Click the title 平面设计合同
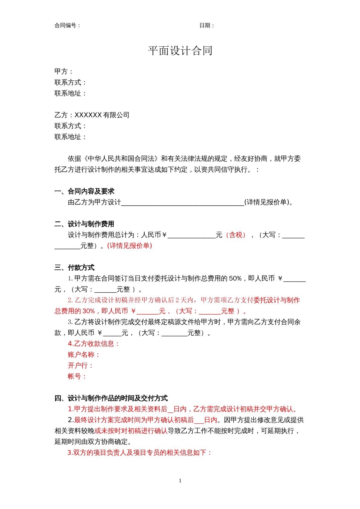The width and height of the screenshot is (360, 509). [x=180, y=51]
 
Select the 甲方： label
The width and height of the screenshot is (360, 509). [x=64, y=71]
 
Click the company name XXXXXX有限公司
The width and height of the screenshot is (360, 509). [x=102, y=115]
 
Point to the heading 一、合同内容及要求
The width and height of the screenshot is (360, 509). [x=84, y=191]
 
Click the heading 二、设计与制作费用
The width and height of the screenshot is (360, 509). [x=84, y=224]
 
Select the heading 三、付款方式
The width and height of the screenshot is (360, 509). [x=74, y=267]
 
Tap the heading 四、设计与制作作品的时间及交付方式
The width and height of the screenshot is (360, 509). [x=111, y=398]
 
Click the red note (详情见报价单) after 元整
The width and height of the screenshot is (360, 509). [x=129, y=246]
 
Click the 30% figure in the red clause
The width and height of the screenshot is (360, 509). [x=89, y=311]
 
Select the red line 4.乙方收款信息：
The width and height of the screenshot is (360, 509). [x=93, y=344]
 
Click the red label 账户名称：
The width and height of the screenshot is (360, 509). [x=83, y=354]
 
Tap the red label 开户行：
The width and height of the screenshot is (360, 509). [x=80, y=365]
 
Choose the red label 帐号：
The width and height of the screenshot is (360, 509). [x=77, y=376]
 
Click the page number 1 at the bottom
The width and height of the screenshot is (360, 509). [x=180, y=481]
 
